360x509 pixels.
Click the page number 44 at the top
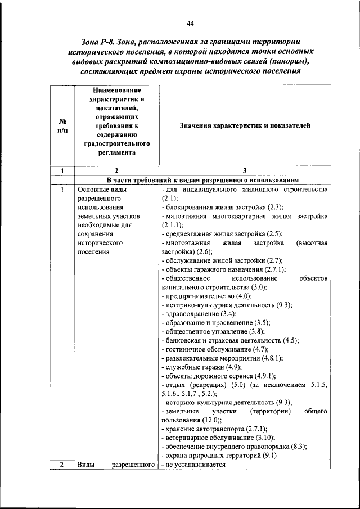tap(190, 23)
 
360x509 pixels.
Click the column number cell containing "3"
tap(244, 170)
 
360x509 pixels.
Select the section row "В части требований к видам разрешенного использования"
tap(202, 180)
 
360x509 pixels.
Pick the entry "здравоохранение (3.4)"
tap(199, 313)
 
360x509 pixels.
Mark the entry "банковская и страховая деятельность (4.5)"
tap(229, 340)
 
